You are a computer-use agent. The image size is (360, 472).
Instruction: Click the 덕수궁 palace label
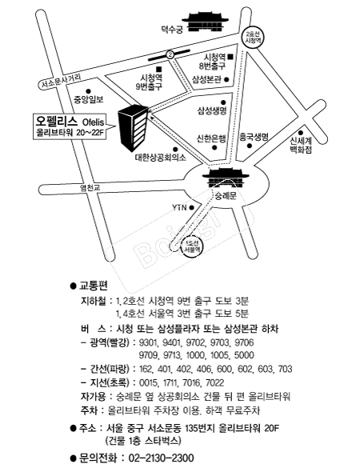click(x=172, y=30)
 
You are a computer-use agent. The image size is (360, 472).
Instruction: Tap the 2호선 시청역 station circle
click(x=252, y=38)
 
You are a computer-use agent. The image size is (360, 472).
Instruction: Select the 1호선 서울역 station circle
click(x=192, y=247)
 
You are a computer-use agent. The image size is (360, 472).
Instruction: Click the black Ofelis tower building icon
click(x=133, y=127)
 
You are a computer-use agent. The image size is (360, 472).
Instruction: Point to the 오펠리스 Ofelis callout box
click(x=70, y=126)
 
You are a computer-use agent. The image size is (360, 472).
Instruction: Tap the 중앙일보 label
click(x=89, y=100)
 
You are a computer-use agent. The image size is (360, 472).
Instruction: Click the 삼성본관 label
click(x=206, y=80)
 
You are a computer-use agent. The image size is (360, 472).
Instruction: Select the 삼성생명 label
click(x=212, y=110)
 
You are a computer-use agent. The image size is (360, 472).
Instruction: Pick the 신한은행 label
click(x=211, y=138)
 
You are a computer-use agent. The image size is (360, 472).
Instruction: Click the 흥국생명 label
click(x=254, y=138)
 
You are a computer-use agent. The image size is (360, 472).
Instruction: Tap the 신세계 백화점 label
click(x=301, y=145)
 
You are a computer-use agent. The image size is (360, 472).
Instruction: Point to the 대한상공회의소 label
click(x=161, y=157)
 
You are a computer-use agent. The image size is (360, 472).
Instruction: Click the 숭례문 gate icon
click(x=226, y=178)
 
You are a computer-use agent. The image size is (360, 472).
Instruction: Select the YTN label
click(x=179, y=208)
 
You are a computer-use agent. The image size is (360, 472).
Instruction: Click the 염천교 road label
click(x=90, y=187)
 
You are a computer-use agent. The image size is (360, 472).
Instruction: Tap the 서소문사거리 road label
click(x=62, y=82)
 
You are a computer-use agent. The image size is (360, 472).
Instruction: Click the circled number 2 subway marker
click(x=170, y=54)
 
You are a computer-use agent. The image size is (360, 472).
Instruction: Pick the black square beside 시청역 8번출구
click(x=231, y=56)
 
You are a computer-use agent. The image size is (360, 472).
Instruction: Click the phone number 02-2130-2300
click(x=161, y=458)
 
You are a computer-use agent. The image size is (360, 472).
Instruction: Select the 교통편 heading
click(x=93, y=286)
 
